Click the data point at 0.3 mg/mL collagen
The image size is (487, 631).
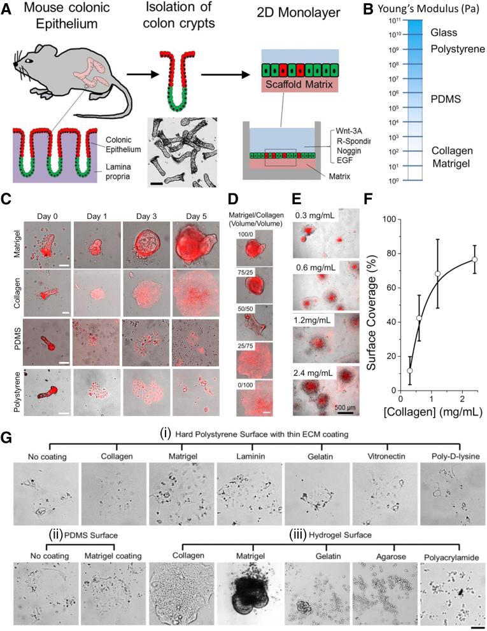click(410, 370)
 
